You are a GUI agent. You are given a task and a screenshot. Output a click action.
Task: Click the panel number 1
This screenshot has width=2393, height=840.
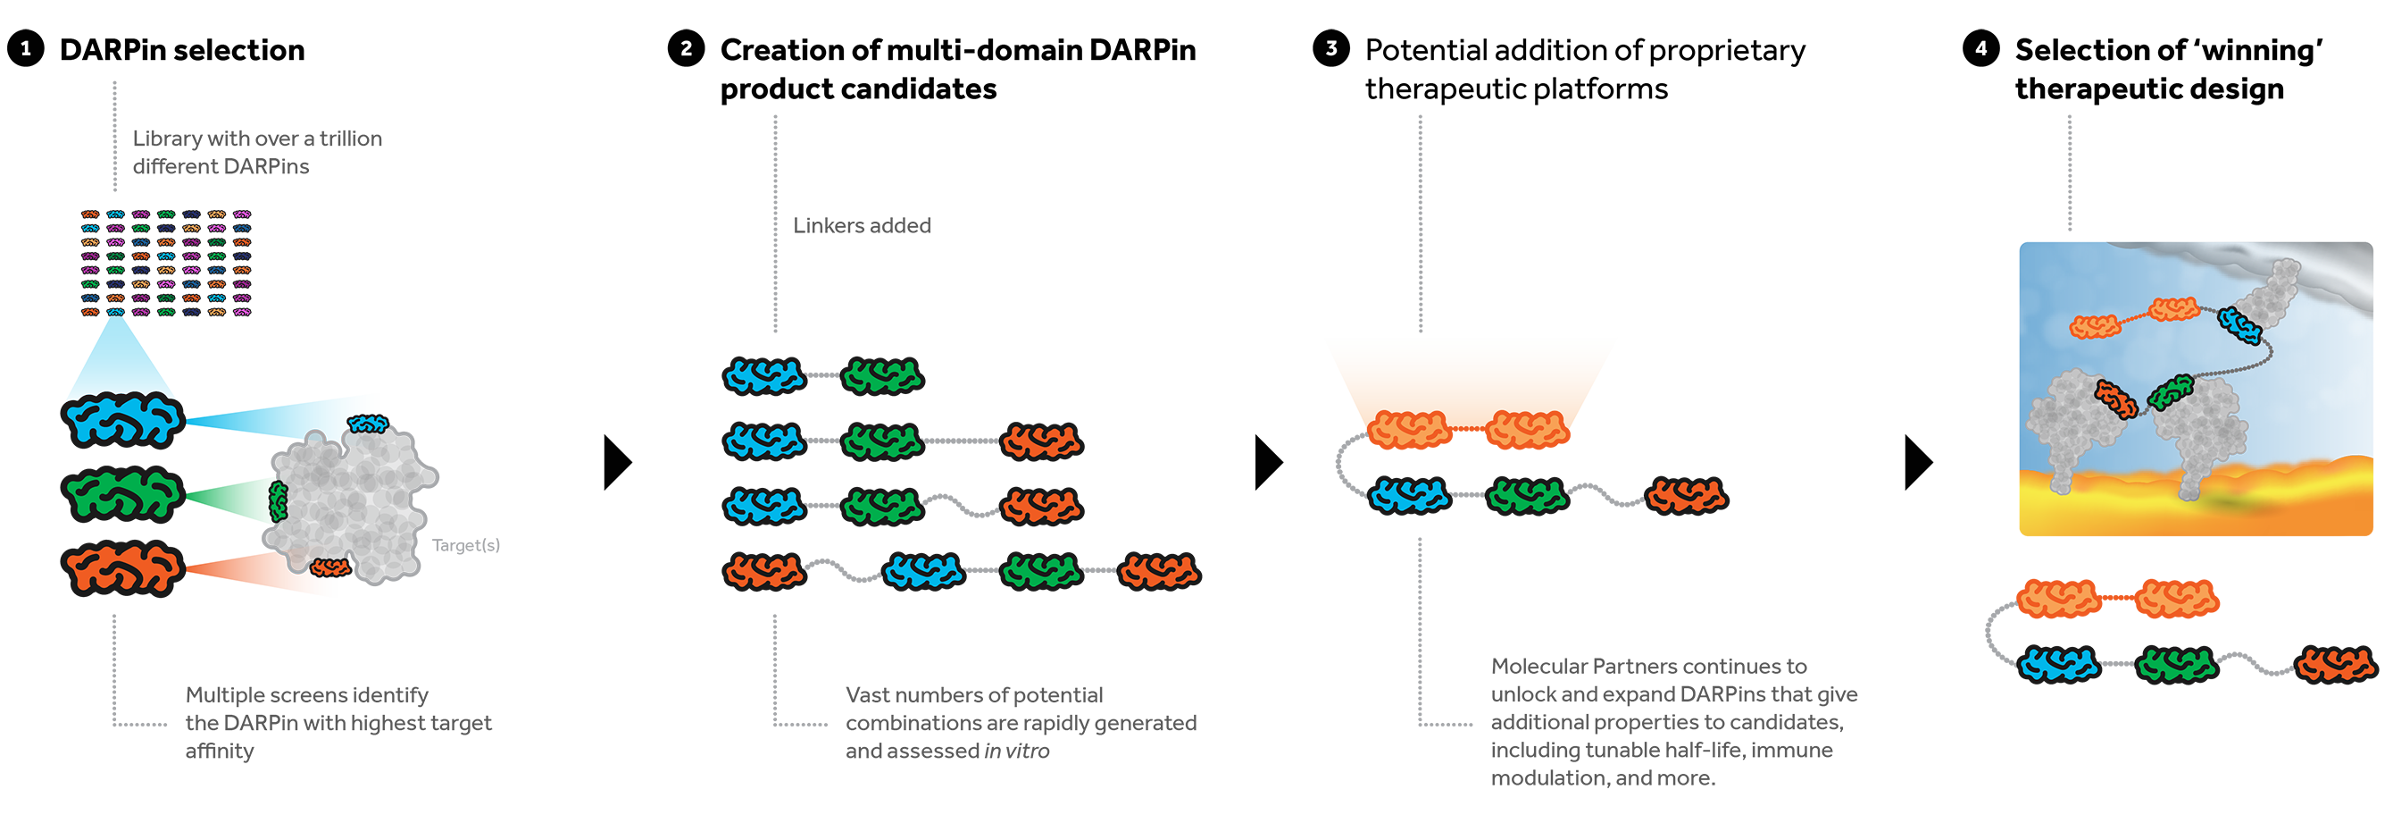[x=26, y=48]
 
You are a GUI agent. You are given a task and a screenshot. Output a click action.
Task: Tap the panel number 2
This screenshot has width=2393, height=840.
[x=686, y=48]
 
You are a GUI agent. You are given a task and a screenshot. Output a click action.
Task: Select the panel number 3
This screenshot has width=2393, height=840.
[x=1330, y=48]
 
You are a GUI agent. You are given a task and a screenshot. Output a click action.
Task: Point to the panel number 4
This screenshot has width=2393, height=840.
[x=1980, y=48]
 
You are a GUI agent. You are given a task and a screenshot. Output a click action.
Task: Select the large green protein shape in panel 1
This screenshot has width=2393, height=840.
[x=123, y=494]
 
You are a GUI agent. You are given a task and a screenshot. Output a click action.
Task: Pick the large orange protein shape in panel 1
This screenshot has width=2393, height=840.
[x=123, y=568]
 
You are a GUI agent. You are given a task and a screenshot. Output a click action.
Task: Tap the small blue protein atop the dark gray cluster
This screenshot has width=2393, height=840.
[x=368, y=424]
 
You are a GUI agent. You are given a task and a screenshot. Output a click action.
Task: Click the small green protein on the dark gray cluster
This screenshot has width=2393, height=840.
[x=278, y=502]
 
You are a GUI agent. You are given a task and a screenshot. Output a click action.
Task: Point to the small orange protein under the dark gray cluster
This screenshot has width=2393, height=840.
[x=329, y=567]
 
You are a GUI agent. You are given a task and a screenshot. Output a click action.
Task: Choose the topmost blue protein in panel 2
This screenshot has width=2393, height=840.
[x=763, y=376]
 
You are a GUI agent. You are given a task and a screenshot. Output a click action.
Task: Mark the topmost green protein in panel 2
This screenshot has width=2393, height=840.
[x=881, y=376]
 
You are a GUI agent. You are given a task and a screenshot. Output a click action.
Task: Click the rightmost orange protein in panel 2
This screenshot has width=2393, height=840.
[x=1158, y=570]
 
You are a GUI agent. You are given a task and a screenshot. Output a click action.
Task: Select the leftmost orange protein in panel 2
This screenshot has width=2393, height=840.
[x=763, y=570]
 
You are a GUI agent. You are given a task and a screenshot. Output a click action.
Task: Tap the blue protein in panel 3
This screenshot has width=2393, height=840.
[x=1409, y=496]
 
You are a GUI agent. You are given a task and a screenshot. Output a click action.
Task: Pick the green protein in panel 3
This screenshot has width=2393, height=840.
[x=1526, y=496]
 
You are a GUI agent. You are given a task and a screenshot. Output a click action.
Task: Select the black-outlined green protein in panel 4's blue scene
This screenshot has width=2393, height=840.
[x=2171, y=392]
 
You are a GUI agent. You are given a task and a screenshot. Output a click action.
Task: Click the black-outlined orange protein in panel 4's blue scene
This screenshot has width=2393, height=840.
[x=2116, y=399]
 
